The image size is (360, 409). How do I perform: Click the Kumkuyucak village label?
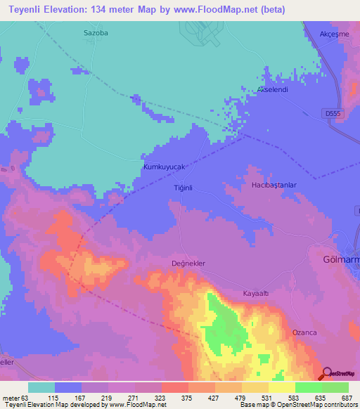pos(163,167)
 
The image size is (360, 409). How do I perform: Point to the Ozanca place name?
pos(305,332)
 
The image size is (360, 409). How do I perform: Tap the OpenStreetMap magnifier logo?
pos(328,373)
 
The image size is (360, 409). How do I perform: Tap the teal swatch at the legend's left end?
pos(41,387)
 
